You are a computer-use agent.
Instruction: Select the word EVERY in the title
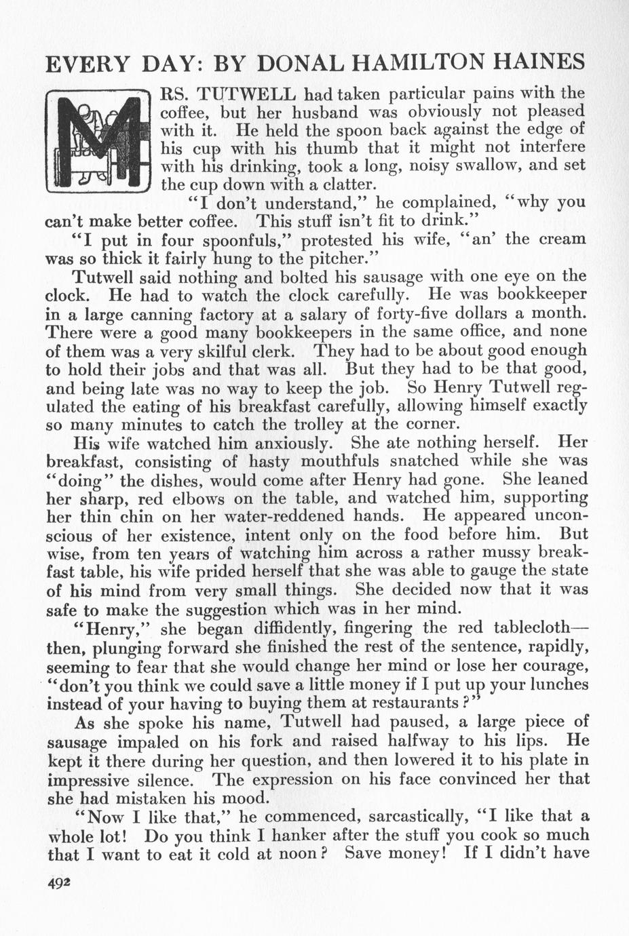tap(87, 63)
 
